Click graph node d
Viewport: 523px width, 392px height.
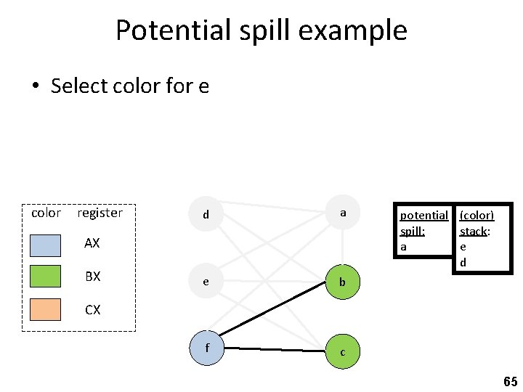tap(206, 214)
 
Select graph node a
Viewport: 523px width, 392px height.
tap(342, 213)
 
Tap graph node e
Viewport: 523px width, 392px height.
tap(206, 282)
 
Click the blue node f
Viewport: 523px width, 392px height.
tap(206, 347)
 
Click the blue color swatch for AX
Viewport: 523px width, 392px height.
tap(46, 244)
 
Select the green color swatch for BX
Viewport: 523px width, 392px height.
tap(46, 277)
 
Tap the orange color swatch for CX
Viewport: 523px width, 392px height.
tap(46, 309)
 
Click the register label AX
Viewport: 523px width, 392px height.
tap(92, 244)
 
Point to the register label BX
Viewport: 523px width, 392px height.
tap(92, 277)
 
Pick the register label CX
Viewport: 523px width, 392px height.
tap(92, 310)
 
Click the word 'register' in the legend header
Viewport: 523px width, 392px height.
tap(100, 213)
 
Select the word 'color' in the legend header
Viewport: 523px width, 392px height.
tap(46, 213)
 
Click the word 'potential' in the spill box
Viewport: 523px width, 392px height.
tap(423, 216)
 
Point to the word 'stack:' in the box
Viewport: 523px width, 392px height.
tap(474, 232)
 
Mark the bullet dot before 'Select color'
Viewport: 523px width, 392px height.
tap(34, 86)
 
